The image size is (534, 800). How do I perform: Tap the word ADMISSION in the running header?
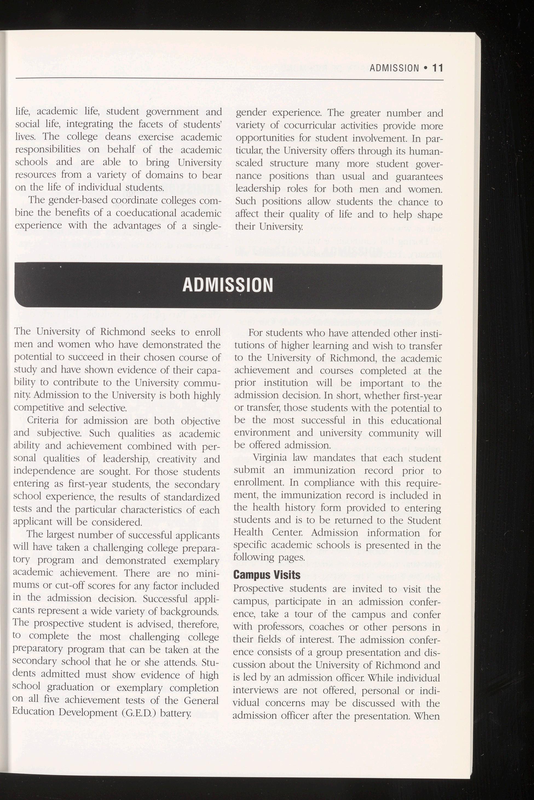coord(394,68)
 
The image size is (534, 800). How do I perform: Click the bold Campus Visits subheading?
coord(267,575)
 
